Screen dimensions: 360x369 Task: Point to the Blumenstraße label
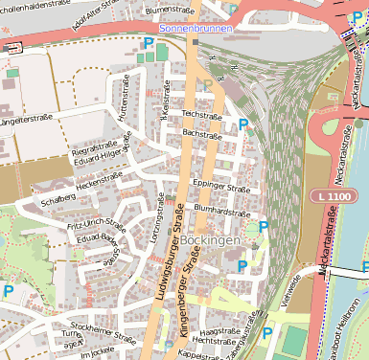click(x=171, y=10)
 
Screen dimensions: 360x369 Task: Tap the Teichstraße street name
click(x=201, y=114)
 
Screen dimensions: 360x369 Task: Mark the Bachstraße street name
click(x=201, y=134)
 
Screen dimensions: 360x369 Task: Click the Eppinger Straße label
click(x=220, y=184)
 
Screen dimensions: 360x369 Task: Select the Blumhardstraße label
click(x=221, y=208)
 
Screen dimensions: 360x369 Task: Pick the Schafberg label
click(x=58, y=200)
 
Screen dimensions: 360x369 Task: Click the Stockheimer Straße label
click(x=104, y=332)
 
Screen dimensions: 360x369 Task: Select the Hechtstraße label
click(x=214, y=340)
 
